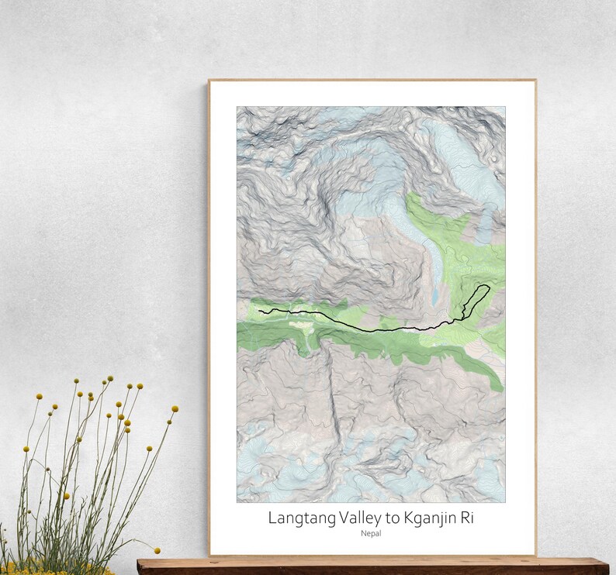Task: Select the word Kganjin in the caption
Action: coord(425,517)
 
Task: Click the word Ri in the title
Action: coord(465,517)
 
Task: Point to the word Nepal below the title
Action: coord(371,533)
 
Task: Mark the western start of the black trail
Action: coord(260,311)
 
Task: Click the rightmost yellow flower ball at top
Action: coord(175,408)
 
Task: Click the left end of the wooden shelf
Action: coord(140,563)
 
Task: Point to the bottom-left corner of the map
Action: coord(237,502)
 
